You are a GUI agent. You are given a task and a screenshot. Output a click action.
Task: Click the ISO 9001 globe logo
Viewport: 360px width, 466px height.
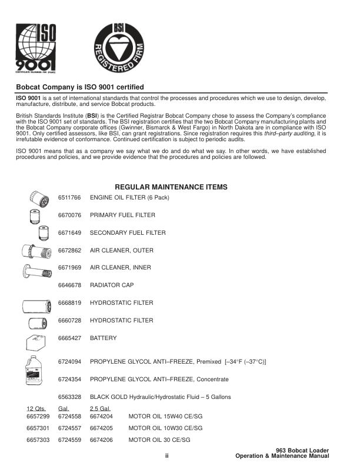coord(38,48)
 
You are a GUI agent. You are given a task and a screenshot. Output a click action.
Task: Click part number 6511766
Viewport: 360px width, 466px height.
coord(69,198)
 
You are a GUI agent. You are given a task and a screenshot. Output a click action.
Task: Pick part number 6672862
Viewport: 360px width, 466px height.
coord(69,250)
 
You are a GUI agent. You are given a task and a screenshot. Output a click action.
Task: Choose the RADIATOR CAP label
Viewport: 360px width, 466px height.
coord(112,285)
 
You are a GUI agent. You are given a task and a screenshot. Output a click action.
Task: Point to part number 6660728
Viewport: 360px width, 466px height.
coord(69,320)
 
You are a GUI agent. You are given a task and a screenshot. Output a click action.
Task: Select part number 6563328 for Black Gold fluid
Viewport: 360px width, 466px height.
coord(69,397)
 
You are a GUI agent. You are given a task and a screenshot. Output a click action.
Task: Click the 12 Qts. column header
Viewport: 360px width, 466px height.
coord(36,408)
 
